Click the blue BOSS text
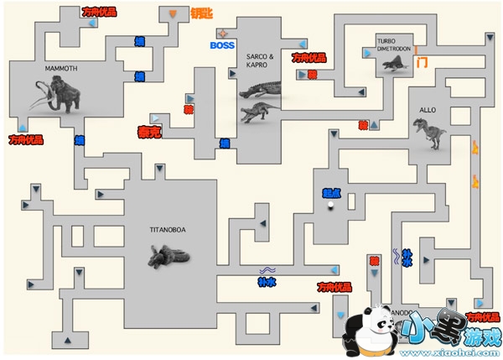(222, 45)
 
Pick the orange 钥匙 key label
(202, 13)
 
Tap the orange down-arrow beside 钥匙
(173, 14)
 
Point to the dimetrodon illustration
(392, 66)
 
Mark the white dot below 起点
(331, 204)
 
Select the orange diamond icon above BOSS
(222, 32)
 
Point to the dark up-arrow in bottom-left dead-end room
(65, 339)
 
